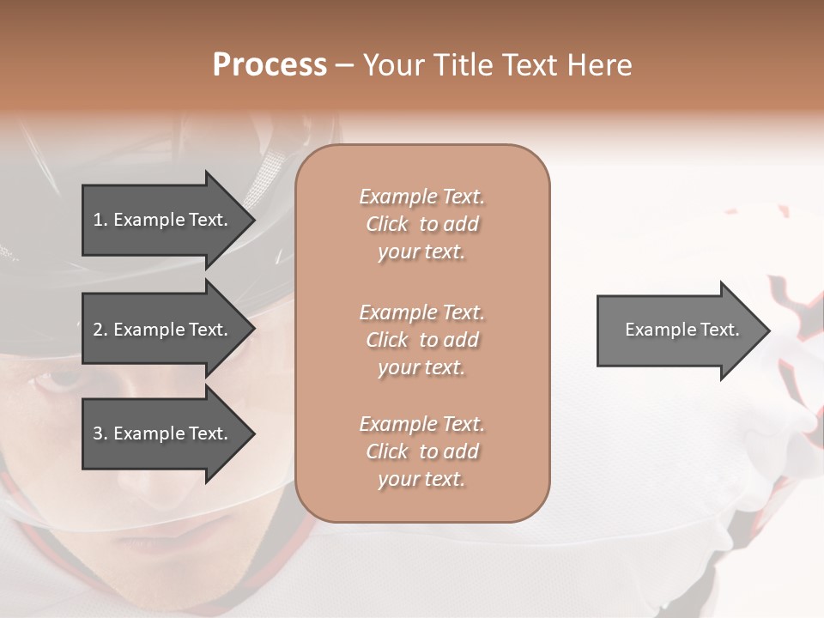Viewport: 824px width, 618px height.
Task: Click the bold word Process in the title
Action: [x=270, y=65]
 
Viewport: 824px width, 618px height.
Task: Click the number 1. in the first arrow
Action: [x=100, y=220]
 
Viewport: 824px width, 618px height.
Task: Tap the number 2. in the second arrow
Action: [x=100, y=330]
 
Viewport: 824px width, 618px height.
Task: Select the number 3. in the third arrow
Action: [x=100, y=433]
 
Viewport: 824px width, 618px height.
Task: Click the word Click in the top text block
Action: [x=387, y=224]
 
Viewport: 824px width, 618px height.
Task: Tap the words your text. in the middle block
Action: [x=421, y=367]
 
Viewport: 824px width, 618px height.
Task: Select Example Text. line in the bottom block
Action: [x=421, y=424]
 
